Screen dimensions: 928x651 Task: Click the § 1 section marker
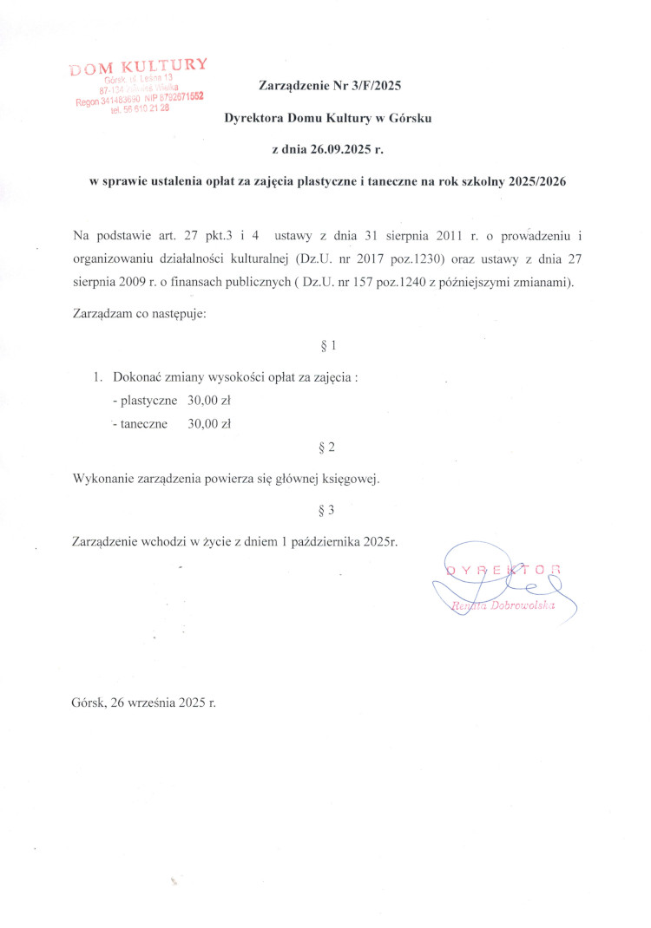tap(327, 346)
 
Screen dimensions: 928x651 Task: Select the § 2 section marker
tap(327, 448)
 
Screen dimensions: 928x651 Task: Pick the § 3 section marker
tap(327, 510)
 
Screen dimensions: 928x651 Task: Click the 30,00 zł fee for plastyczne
tap(209, 401)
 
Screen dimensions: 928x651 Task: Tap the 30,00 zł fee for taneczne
tap(209, 424)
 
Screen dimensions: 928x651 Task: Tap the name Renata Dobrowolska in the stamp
tap(515, 609)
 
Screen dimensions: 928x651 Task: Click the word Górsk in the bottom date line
tap(89, 703)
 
